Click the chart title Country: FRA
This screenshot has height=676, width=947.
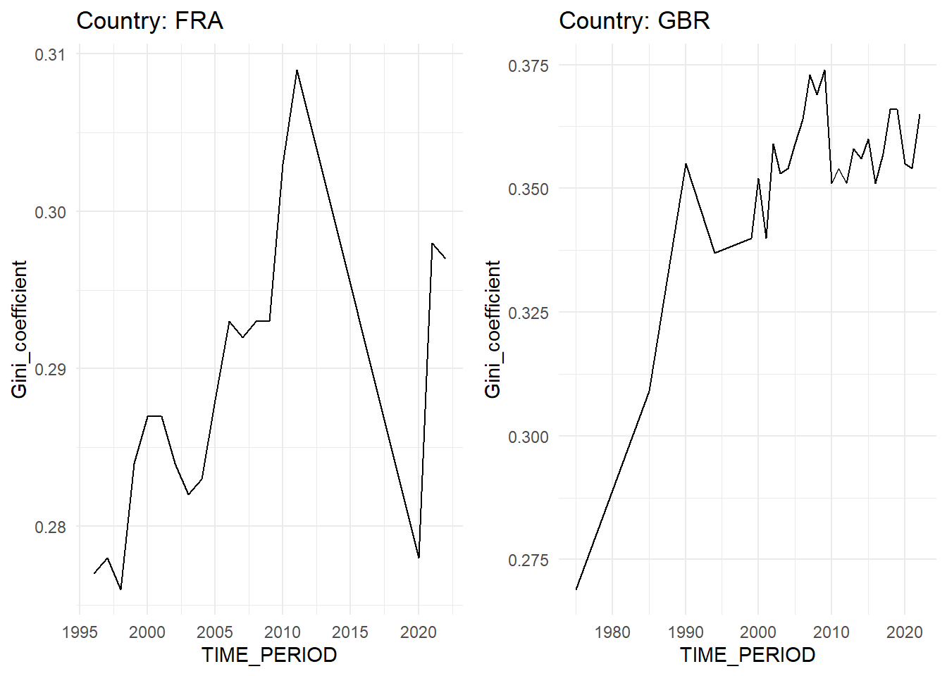(x=149, y=21)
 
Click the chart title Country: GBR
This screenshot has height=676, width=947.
(x=634, y=21)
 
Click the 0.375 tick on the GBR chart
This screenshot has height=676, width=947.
(x=528, y=65)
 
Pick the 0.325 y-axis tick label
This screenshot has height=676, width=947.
(x=528, y=313)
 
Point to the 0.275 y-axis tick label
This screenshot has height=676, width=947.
(x=528, y=561)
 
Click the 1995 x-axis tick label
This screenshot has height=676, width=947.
(x=80, y=632)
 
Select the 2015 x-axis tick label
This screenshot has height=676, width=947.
(x=350, y=632)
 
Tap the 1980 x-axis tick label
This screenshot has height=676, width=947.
(x=612, y=632)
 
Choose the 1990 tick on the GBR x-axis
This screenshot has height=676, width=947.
(x=686, y=632)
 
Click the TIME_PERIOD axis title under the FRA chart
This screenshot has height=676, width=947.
(x=269, y=655)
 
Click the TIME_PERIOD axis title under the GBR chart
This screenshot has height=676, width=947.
(x=748, y=655)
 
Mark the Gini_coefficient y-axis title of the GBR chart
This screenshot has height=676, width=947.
(x=493, y=329)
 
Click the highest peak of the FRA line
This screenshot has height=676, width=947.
(x=297, y=70)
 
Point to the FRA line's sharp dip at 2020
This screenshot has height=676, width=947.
(x=419, y=558)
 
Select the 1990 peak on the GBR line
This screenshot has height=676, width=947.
(x=686, y=163)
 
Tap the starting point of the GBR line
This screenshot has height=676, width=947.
(x=576, y=589)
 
